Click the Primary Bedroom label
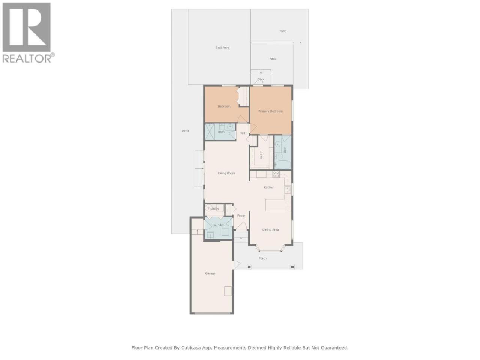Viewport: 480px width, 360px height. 270,111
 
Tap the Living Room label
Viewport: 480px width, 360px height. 226,173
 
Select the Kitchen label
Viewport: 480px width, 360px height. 269,187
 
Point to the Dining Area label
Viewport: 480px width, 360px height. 270,229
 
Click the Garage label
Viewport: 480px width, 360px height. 210,273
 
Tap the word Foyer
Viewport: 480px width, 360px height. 241,216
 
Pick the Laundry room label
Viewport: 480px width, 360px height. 218,225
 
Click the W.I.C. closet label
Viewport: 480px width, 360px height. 261,154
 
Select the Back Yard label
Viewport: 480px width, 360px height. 222,48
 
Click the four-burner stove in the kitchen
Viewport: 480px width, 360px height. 276,174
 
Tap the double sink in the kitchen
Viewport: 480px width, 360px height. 288,190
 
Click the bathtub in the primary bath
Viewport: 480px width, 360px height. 283,165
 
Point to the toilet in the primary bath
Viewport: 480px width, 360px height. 278,157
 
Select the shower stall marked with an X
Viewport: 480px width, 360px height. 210,132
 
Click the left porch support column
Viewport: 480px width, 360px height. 249,267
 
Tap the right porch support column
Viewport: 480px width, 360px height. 292,267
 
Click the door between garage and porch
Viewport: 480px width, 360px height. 236,265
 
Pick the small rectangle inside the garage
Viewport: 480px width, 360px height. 228,291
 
